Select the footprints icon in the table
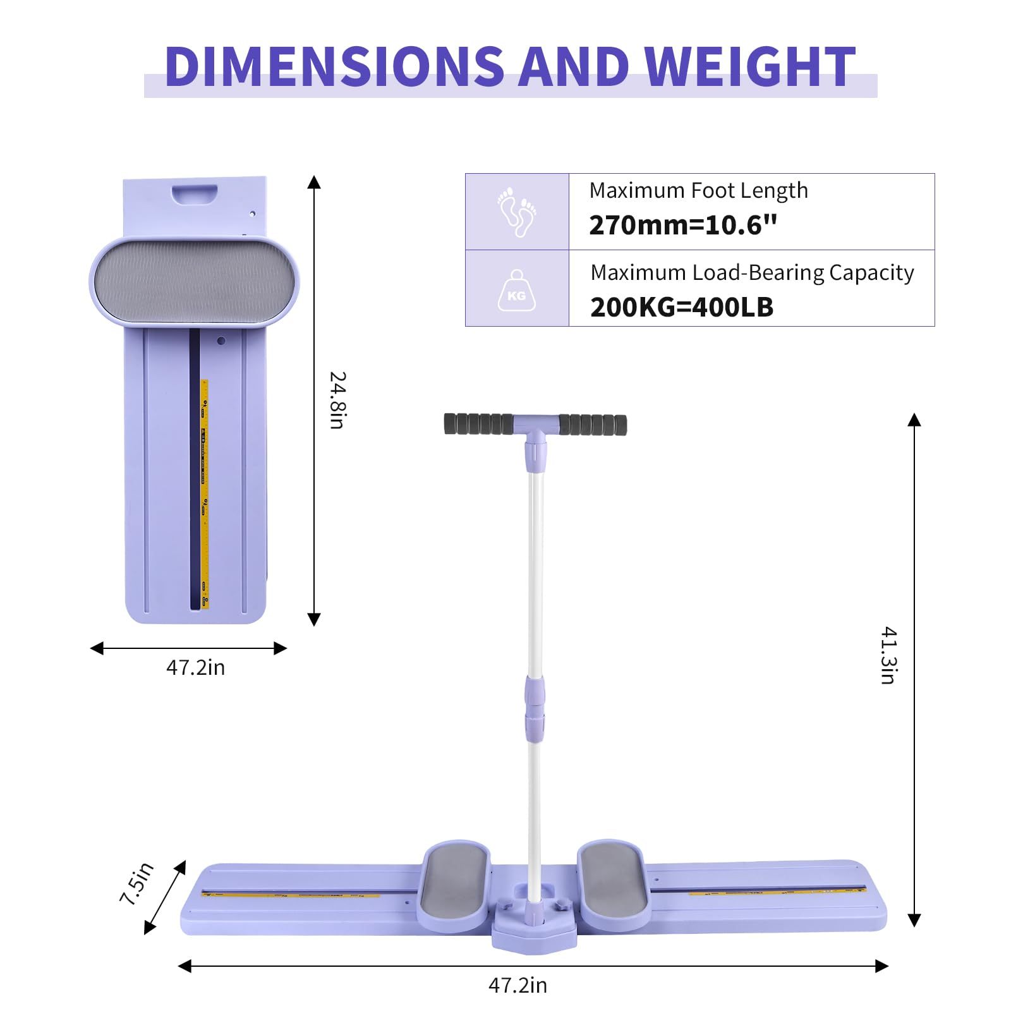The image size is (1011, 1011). (x=516, y=212)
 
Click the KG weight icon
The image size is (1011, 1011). (x=516, y=291)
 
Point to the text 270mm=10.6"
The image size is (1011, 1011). (x=682, y=226)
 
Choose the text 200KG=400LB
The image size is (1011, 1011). (x=681, y=308)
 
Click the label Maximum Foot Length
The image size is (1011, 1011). (x=698, y=190)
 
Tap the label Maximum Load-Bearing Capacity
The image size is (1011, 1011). (x=752, y=272)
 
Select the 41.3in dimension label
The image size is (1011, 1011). (x=888, y=655)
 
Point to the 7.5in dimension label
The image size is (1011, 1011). (x=137, y=883)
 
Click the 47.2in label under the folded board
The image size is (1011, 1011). (x=195, y=668)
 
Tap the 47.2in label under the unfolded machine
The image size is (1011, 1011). (x=518, y=985)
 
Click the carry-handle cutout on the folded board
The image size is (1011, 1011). (x=195, y=193)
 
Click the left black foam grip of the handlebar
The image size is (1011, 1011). (x=478, y=423)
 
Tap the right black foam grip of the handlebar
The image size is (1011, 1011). (x=593, y=424)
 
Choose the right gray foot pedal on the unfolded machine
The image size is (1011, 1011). (x=612, y=878)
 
